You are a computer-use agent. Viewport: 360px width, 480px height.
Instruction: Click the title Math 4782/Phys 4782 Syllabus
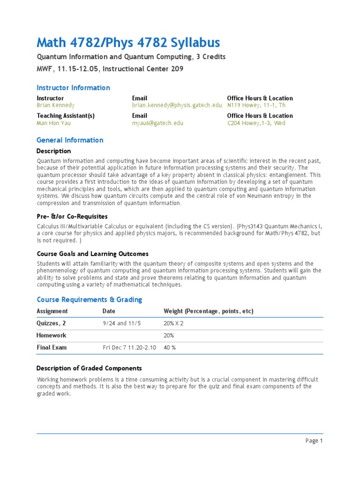[x=128, y=43]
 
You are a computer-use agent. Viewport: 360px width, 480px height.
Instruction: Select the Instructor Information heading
[x=73, y=88]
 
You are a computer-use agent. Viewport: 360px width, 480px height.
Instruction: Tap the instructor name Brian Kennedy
[x=55, y=105]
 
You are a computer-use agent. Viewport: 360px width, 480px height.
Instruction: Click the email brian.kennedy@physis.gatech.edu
[x=177, y=105]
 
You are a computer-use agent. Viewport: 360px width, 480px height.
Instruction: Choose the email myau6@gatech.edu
[x=157, y=123]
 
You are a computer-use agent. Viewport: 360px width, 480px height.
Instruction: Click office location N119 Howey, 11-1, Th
[x=256, y=105]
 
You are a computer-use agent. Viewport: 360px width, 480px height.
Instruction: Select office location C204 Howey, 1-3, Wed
[x=256, y=123]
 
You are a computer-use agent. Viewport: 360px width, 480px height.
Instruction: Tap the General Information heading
[x=70, y=140]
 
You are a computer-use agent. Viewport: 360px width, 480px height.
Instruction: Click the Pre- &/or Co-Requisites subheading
[x=72, y=217]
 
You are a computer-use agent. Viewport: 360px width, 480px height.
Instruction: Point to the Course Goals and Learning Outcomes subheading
[x=92, y=254]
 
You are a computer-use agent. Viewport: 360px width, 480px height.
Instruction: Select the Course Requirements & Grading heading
[x=89, y=300]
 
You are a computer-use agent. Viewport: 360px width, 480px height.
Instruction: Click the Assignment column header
[x=52, y=311]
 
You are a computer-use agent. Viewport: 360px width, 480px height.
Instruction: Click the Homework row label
[x=52, y=336]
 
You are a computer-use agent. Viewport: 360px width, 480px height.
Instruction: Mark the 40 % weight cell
[x=170, y=348]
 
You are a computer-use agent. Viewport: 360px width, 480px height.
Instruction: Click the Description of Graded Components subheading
[x=89, y=368]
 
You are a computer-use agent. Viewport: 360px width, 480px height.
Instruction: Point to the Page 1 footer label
[x=314, y=441]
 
